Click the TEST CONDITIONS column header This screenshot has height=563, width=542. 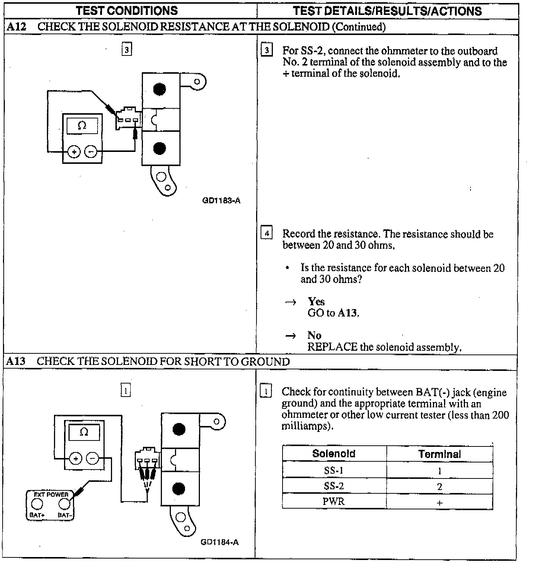tap(127, 10)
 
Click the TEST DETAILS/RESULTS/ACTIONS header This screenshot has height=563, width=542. tap(387, 11)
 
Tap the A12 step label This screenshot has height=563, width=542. tap(16, 27)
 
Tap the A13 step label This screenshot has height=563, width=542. tap(16, 361)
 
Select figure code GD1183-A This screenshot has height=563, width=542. tap(221, 201)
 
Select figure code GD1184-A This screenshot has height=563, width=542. tap(220, 542)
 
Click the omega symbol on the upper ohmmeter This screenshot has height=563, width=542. tap(82, 125)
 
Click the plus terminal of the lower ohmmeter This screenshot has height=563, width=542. tap(76, 458)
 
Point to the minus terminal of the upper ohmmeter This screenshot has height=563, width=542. tap(91, 152)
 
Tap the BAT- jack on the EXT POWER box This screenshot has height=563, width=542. tap(64, 504)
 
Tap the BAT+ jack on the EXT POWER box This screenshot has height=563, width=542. tap(37, 504)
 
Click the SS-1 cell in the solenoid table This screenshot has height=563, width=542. tap(334, 470)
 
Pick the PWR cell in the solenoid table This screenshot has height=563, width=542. tap(334, 502)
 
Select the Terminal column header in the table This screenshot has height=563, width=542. tap(439, 454)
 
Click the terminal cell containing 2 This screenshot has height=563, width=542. tap(440, 486)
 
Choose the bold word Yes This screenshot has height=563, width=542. tap(316, 302)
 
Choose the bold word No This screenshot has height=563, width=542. tap(314, 335)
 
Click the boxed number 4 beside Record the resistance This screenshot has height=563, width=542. tap(267, 233)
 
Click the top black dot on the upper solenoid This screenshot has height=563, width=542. tap(159, 89)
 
